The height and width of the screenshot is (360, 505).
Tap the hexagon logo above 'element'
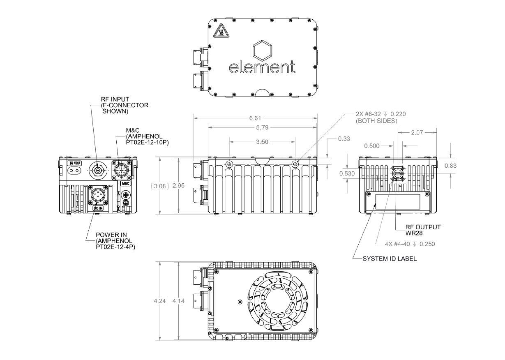click(263, 50)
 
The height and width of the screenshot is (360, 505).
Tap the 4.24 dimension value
click(160, 301)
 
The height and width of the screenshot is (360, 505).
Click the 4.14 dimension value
click(179, 301)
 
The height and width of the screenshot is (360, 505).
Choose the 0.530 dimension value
click(347, 174)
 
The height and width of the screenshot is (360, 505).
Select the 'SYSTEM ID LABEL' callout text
click(389, 259)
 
